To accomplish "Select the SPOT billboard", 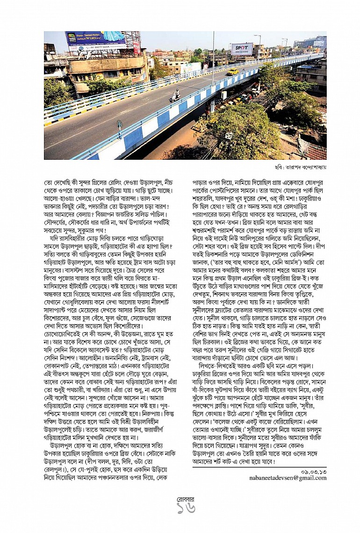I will click(242, 49).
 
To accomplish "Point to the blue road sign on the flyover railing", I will click(120, 125).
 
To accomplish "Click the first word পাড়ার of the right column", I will click(201, 178).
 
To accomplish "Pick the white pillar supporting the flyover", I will click(212, 107).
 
